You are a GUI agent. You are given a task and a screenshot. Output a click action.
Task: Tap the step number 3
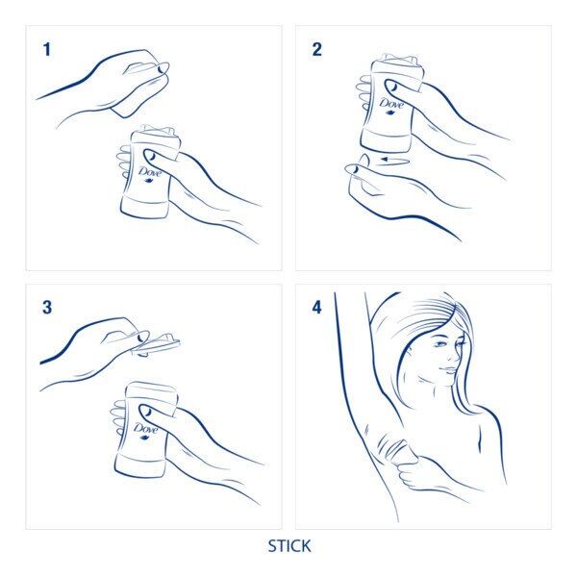coord(46,308)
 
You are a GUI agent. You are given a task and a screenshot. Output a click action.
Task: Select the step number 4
coord(316,308)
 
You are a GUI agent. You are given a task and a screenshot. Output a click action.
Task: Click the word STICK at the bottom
coord(288,546)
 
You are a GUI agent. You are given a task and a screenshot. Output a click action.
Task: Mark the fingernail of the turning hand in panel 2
coord(353,169)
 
